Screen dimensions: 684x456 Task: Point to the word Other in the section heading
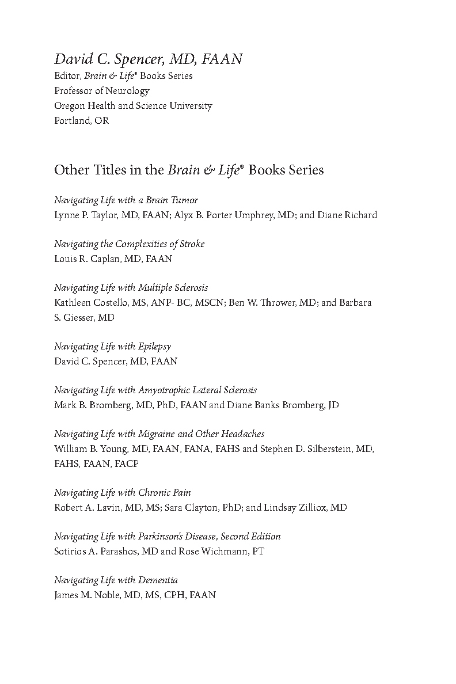[x=69, y=170]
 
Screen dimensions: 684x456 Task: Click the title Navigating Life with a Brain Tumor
[x=126, y=200]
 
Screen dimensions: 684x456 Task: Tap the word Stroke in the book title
[x=192, y=244]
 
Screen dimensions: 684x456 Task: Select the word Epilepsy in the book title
[x=155, y=347]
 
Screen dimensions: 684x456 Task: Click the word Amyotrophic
[x=165, y=390]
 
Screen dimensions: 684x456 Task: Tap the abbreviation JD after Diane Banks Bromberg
[x=333, y=405]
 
